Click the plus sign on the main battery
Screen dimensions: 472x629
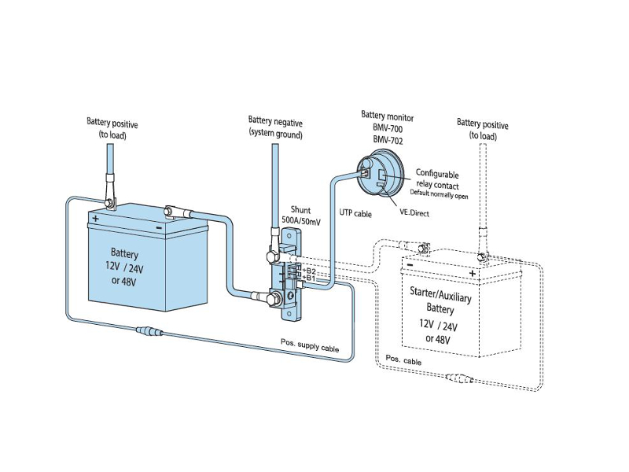point(95,218)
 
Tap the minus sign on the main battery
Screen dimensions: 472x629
point(160,227)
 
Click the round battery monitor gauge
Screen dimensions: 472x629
point(376,171)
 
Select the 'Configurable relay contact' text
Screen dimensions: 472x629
point(437,179)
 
